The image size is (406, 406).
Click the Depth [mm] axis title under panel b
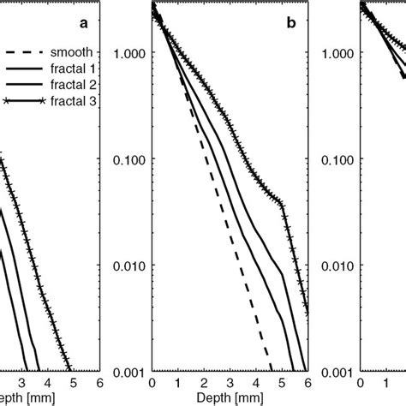click(230, 397)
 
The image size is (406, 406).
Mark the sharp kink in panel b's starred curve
click(282, 202)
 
